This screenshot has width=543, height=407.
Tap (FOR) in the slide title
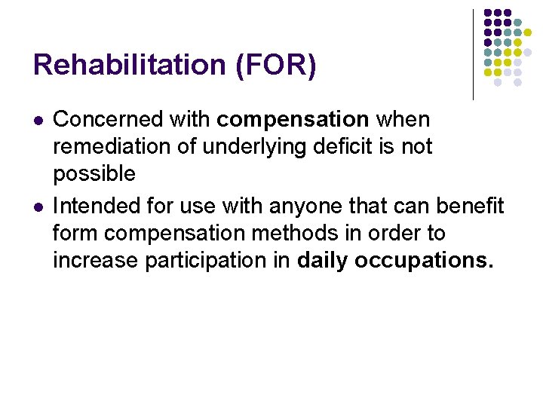pos(276,66)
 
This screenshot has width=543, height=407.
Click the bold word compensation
pos(293,119)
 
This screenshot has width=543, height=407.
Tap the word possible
pos(94,174)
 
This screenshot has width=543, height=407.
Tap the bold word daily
pos(323,261)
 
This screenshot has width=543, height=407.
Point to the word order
pos(398,234)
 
